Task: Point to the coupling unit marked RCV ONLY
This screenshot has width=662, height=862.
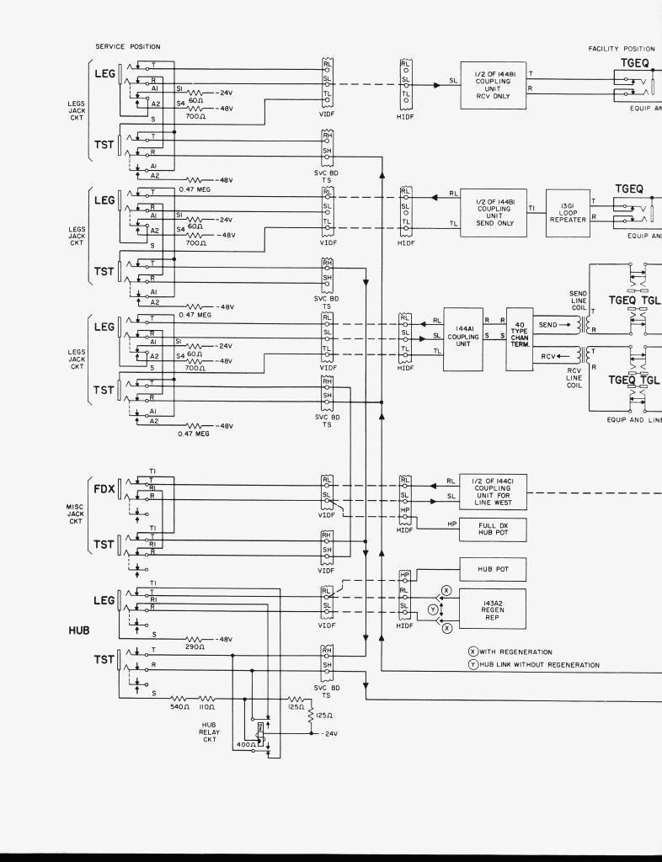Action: [493, 85]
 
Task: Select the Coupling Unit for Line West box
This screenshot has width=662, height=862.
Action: [493, 492]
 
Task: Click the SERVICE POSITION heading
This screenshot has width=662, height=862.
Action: [127, 47]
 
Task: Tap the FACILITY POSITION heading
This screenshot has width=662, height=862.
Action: [622, 49]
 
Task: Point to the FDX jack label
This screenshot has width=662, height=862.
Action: [104, 488]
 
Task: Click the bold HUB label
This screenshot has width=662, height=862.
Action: [79, 630]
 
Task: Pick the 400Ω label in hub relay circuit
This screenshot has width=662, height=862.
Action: [246, 745]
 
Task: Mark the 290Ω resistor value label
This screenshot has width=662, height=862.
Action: [195, 647]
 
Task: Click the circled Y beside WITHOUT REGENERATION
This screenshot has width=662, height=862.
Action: [473, 665]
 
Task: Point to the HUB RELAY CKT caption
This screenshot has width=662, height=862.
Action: [209, 732]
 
